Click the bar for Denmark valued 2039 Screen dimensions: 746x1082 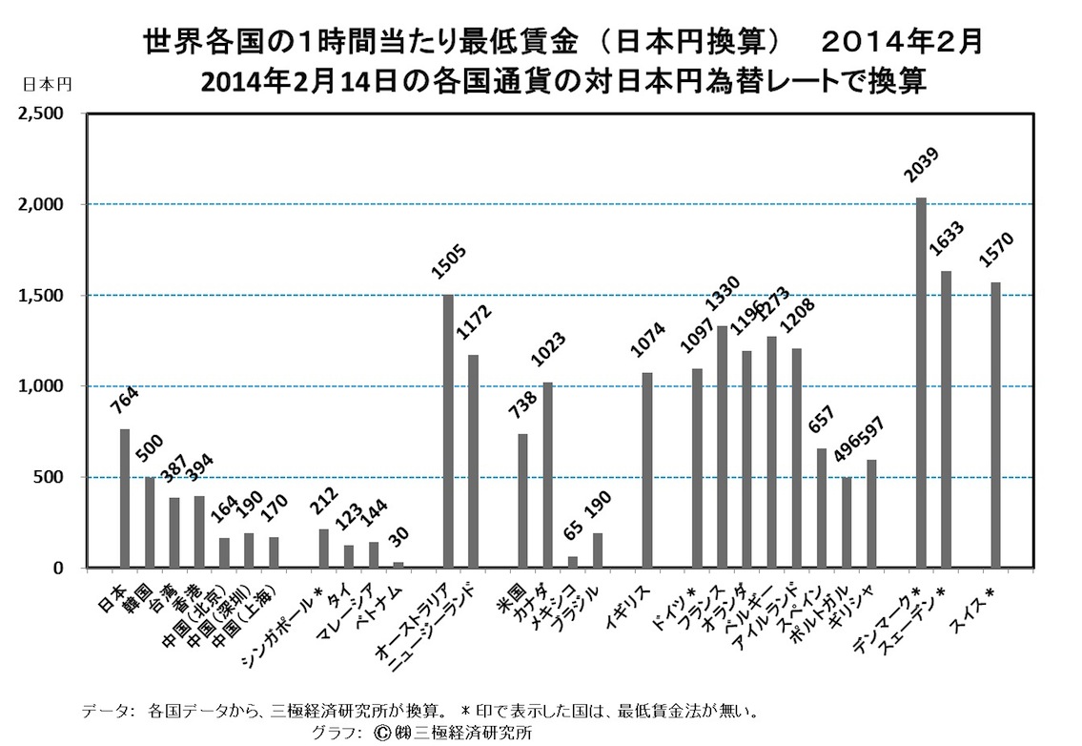point(921,382)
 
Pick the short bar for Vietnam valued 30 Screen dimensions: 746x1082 point(398,565)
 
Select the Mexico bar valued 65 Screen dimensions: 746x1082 point(573,562)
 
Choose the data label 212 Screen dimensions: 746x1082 point(323,501)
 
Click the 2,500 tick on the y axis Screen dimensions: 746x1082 point(40,114)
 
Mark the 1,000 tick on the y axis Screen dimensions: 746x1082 point(40,386)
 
